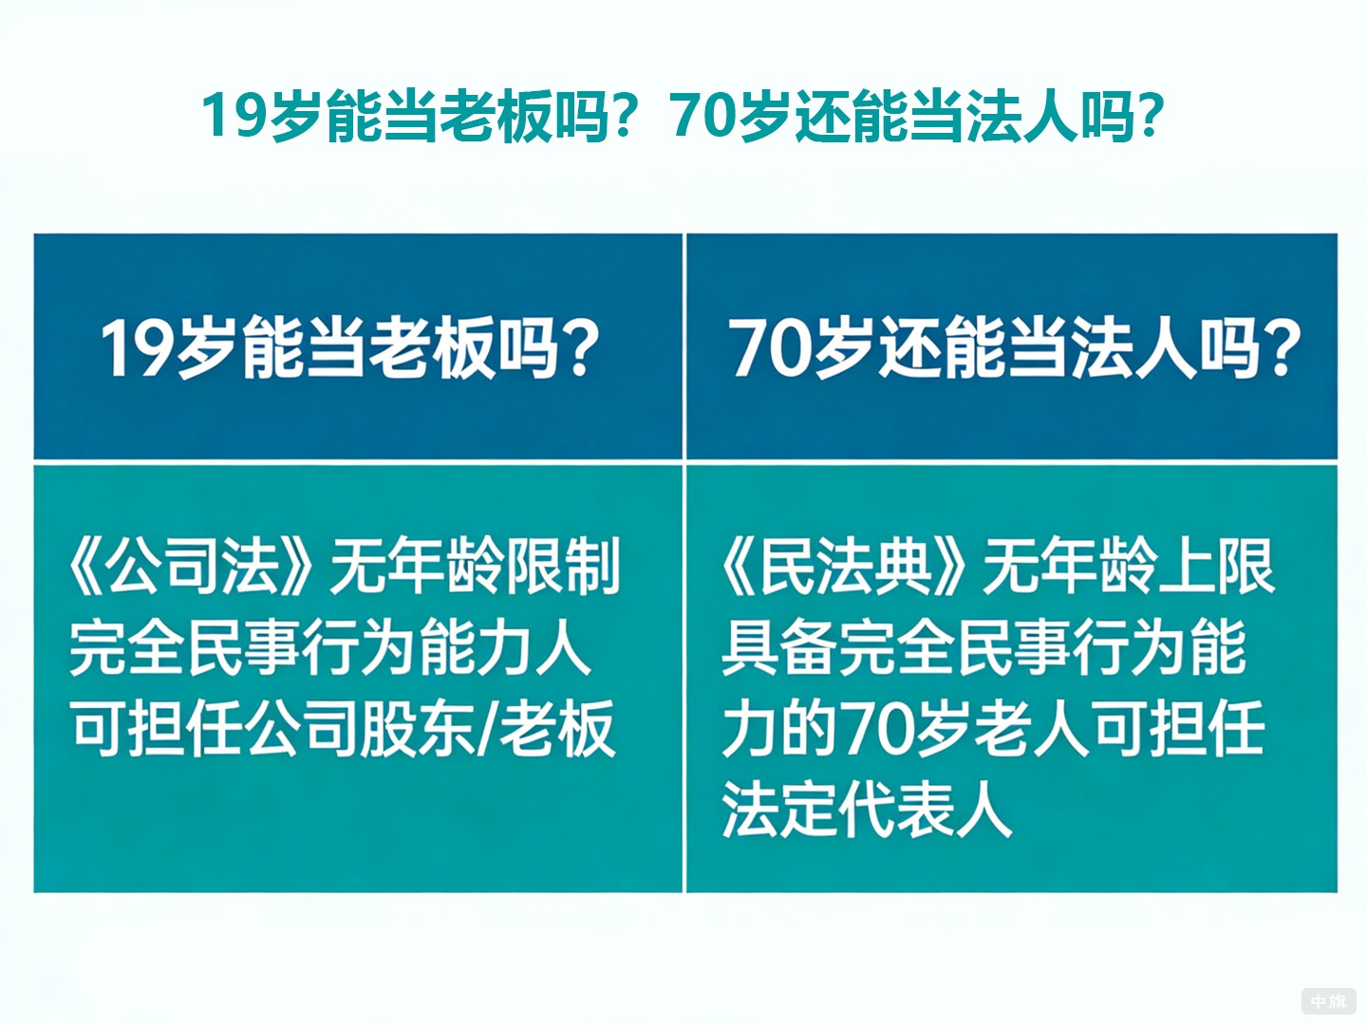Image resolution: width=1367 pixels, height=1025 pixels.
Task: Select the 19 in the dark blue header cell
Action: point(136,348)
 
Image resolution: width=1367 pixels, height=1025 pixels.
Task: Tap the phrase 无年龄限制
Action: point(475,568)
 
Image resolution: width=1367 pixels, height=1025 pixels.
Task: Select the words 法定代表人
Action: point(866,811)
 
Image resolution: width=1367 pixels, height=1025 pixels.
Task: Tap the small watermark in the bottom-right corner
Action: point(1328,1000)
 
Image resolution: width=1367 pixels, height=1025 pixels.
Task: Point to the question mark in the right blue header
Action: point(1281,348)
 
